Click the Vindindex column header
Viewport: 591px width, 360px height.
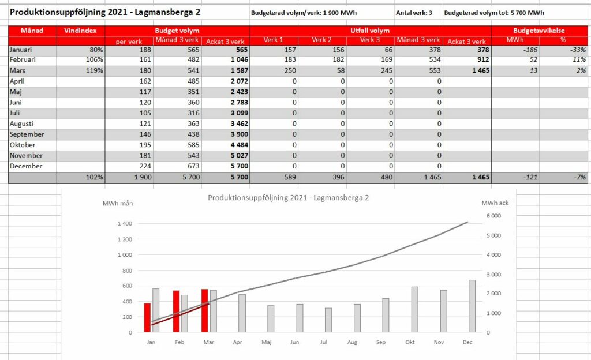pyautogui.click(x=80, y=31)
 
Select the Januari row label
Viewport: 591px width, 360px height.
pyautogui.click(x=21, y=50)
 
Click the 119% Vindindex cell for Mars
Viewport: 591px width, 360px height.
pyautogui.click(x=94, y=70)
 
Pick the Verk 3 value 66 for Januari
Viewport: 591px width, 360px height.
pyautogui.click(x=388, y=50)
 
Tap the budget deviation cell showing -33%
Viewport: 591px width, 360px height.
pyautogui.click(x=578, y=50)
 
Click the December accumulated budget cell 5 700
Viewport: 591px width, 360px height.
pyautogui.click(x=240, y=166)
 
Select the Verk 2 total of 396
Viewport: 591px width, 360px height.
pyautogui.click(x=338, y=177)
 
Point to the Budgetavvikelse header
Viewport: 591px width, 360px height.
pyautogui.click(x=539, y=31)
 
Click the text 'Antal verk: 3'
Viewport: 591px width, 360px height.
pyautogui.click(x=414, y=13)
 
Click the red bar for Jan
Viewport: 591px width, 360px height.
pyautogui.click(x=147, y=317)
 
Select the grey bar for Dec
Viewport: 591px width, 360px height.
pyautogui.click(x=472, y=306)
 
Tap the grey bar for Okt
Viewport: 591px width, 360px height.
pyautogui.click(x=414, y=310)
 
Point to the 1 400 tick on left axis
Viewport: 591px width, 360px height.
pyautogui.click(x=125, y=223)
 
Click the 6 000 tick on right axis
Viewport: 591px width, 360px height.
pyautogui.click(x=494, y=216)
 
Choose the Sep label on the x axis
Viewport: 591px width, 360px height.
pyautogui.click(x=381, y=342)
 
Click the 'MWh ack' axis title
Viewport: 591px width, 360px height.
pyautogui.click(x=495, y=203)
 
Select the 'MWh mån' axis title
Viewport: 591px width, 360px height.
pyautogui.click(x=118, y=203)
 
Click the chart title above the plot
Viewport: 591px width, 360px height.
pyautogui.click(x=289, y=198)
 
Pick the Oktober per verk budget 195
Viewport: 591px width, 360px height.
pyautogui.click(x=145, y=145)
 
